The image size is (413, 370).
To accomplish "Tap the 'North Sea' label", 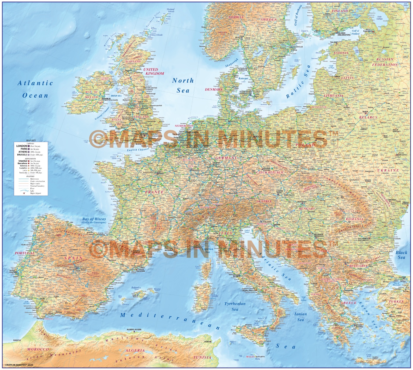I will (x=183, y=85).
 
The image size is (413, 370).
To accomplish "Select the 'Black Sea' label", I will (x=401, y=255).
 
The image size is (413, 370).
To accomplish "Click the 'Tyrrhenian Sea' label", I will (x=235, y=306).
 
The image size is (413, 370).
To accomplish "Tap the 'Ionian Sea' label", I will (x=300, y=317).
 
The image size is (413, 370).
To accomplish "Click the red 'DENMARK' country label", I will (x=214, y=90).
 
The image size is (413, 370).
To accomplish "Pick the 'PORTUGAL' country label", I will (x=25, y=253).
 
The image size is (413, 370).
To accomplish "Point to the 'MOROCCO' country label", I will (x=38, y=349).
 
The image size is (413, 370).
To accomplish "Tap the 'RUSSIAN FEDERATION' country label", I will (x=385, y=62).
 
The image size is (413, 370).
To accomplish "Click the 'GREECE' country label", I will (x=348, y=302).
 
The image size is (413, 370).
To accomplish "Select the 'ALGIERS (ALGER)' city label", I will (x=134, y=330).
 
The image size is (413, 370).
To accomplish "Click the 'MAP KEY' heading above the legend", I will (x=31, y=140).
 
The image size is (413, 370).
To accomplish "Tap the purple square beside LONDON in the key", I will (x=29, y=146).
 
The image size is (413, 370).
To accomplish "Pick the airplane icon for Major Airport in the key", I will (x=24, y=193).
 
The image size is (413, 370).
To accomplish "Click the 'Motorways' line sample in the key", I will (x=24, y=179).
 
